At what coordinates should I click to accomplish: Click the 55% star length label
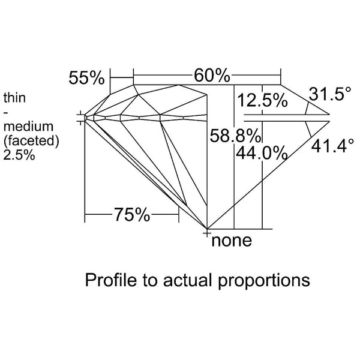click(87, 78)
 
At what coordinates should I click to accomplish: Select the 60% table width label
click(212, 76)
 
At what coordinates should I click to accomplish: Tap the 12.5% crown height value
click(262, 101)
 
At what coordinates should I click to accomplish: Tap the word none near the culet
click(231, 242)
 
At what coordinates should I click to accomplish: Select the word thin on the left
click(14, 97)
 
